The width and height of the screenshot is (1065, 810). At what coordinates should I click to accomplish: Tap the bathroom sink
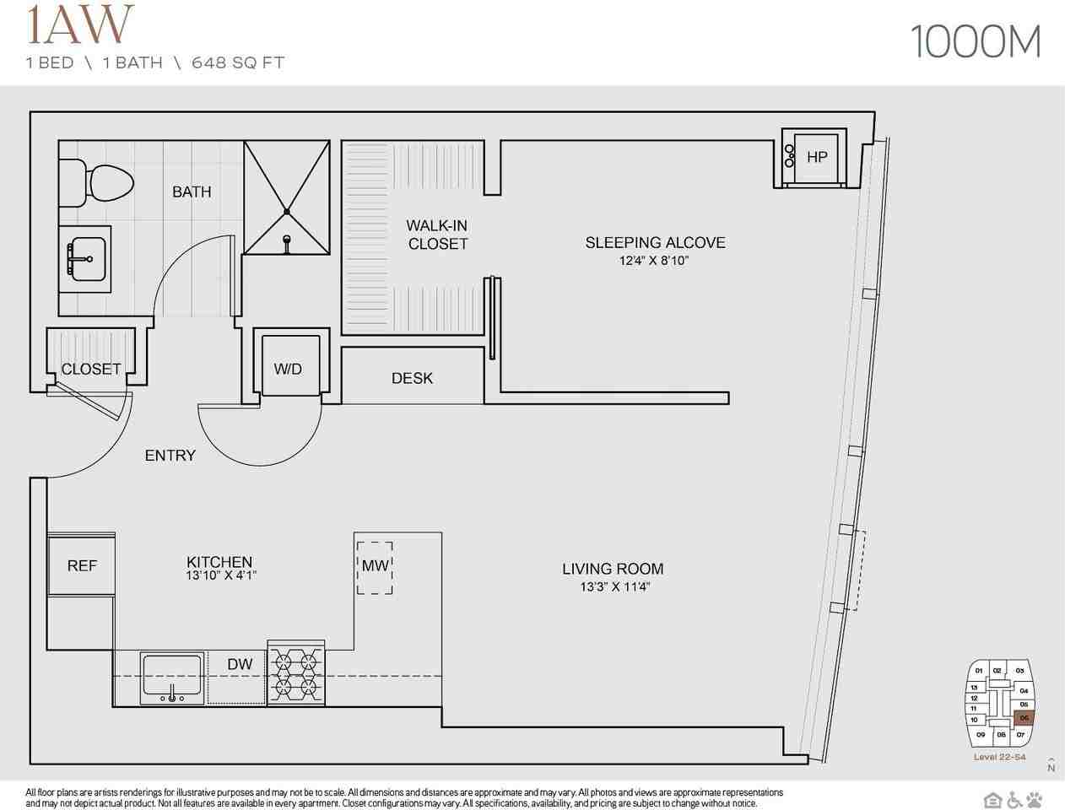tap(85, 258)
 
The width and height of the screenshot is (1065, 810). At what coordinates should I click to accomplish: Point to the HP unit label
tap(816, 157)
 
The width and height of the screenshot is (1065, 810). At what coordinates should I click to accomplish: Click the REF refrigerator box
tap(82, 565)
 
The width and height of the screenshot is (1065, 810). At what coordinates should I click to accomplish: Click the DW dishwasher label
tap(240, 665)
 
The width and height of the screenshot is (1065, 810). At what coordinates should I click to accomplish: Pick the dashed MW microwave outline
tap(375, 567)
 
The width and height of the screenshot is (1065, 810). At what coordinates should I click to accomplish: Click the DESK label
tap(412, 379)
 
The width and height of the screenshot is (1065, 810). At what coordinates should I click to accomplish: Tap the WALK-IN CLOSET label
tap(437, 235)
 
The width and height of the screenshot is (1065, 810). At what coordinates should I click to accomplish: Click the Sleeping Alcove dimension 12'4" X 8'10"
tap(655, 262)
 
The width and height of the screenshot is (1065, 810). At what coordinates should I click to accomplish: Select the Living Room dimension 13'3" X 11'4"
tap(614, 587)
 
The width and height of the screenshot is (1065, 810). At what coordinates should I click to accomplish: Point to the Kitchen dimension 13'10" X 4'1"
tap(219, 575)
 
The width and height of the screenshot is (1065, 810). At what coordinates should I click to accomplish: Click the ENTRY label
tap(170, 456)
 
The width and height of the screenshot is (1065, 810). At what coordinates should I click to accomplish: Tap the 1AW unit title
tap(80, 25)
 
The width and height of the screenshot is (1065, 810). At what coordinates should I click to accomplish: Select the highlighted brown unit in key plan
tap(1023, 718)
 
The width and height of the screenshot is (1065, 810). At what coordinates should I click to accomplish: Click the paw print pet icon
tap(1035, 798)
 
